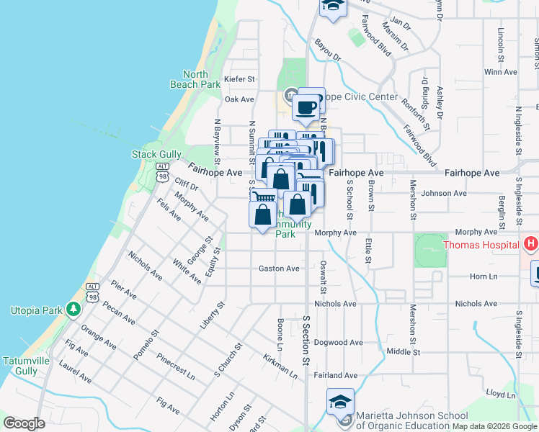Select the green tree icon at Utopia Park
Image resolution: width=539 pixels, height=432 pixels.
point(73,310)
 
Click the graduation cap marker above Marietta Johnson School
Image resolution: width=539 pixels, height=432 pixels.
point(340,402)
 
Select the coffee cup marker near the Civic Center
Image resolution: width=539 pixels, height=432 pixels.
point(306,108)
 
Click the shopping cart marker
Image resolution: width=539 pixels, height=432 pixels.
point(265,199)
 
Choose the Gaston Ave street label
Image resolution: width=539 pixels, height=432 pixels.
point(279,269)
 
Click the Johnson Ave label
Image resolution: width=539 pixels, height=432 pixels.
point(444,193)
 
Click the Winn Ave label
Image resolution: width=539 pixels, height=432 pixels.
point(501,72)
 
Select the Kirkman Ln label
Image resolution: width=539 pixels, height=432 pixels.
point(280,366)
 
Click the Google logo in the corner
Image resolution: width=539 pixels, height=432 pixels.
point(24,423)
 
